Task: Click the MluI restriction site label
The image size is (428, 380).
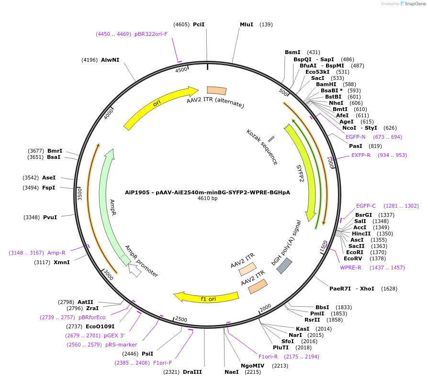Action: (246, 24)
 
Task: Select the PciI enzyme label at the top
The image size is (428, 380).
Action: (199, 24)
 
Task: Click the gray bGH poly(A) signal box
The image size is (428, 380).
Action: (285, 266)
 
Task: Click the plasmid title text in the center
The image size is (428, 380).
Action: (207, 192)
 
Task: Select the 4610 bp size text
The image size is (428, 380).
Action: (207, 198)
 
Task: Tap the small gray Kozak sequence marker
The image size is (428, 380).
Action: (271, 139)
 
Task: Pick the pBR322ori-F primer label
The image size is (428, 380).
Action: (151, 34)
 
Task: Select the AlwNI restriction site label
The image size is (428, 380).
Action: (110, 60)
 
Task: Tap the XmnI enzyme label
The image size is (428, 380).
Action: (62, 262)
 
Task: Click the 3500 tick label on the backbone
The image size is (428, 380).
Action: (80, 194)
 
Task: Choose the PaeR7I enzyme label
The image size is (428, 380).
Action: (340, 289)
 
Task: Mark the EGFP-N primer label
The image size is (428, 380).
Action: (356, 137)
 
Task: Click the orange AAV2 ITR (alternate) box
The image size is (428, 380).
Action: (216, 90)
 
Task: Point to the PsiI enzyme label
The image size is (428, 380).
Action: (147, 354)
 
